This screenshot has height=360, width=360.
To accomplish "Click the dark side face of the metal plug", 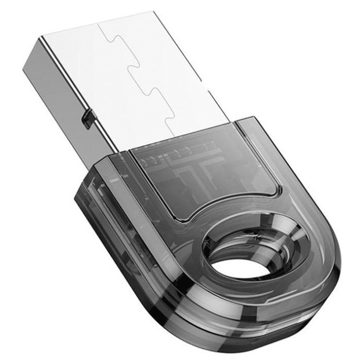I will [x=55, y=87].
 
